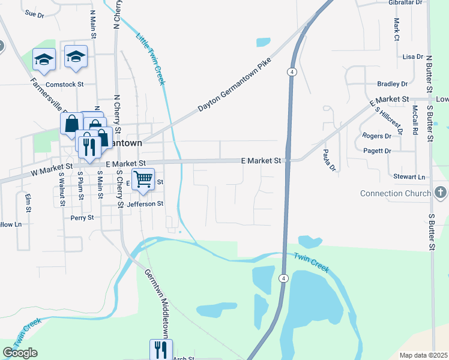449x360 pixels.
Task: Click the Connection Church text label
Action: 395,193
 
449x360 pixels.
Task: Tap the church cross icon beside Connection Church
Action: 441,193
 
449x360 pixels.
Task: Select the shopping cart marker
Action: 143,179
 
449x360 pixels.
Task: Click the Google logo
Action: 20,353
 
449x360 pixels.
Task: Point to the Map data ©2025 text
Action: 424,355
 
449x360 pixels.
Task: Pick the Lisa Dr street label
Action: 413,56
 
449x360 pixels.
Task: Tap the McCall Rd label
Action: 415,119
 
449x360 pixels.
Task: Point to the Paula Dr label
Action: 328,160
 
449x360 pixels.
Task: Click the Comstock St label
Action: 64,85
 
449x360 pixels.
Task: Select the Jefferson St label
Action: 145,204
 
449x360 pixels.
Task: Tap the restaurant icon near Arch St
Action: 161,349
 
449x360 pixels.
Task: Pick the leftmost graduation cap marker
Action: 44,59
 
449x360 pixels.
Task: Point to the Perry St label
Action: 82,218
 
